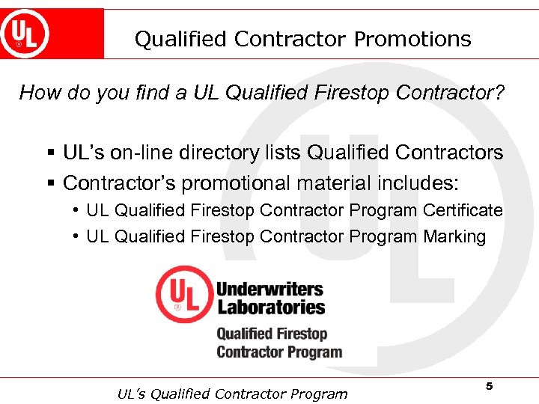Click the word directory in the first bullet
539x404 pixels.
(x=218, y=153)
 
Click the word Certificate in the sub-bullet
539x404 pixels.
(x=463, y=210)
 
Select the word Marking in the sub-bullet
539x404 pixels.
(x=454, y=237)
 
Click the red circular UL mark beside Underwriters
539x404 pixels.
(x=183, y=295)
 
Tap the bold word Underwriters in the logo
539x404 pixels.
(x=269, y=289)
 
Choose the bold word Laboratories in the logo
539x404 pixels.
(x=271, y=307)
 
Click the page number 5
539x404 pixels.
(x=490, y=386)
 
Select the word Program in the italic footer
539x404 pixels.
(x=318, y=394)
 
